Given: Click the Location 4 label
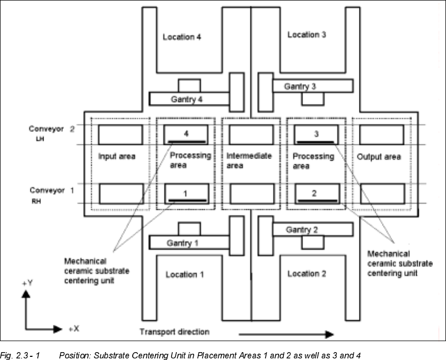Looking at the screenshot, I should [182, 37].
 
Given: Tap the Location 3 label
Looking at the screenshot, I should [307, 35].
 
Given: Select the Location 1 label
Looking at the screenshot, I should [185, 274].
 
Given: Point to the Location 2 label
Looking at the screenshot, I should [307, 273].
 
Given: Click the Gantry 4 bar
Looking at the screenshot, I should [189, 99].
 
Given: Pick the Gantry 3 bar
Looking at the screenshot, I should [312, 86].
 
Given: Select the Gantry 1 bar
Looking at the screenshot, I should [189, 243].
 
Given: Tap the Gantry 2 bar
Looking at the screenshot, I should [312, 229].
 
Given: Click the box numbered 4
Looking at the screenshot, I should [186, 135].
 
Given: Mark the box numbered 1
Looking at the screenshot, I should [186, 194].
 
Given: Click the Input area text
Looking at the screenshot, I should [117, 156].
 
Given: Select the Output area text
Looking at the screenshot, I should [378, 157].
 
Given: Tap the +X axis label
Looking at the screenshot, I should [73, 329].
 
